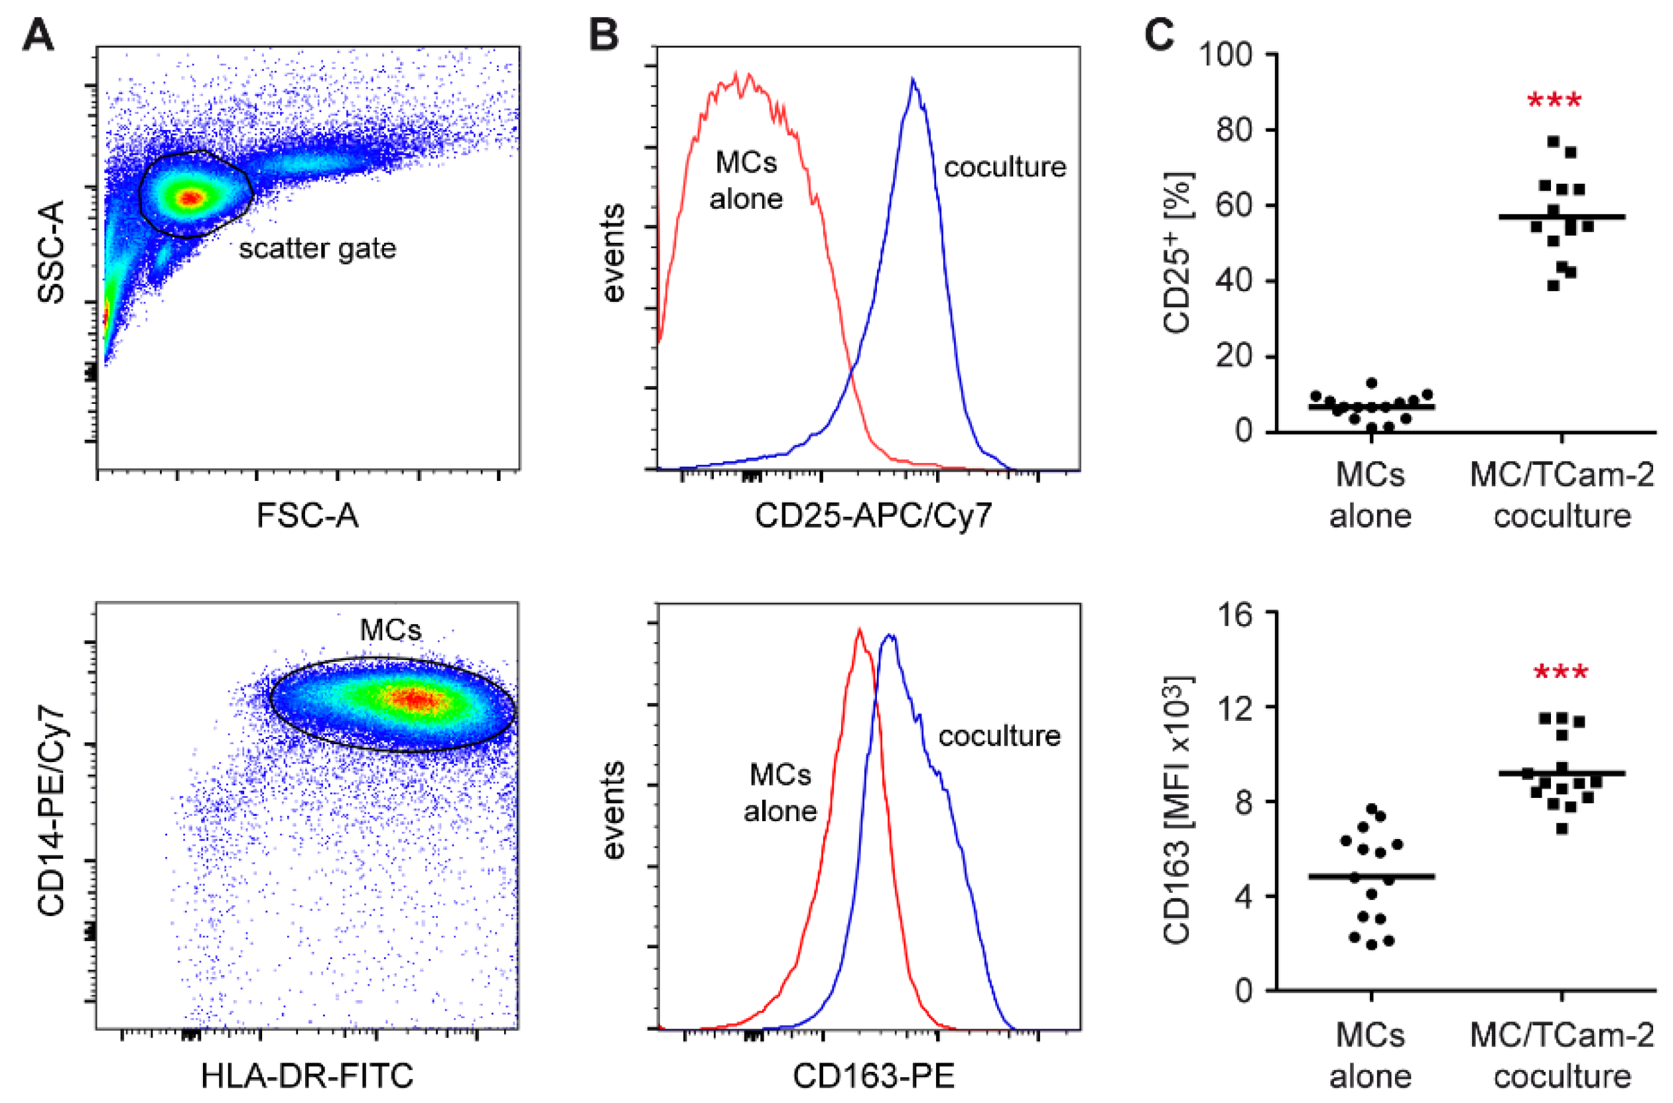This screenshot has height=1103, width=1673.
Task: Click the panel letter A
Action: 37,34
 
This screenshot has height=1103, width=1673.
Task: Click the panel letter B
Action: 604,34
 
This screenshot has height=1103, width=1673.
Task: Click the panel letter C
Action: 1159,34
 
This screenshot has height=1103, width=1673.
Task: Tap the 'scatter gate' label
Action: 317,248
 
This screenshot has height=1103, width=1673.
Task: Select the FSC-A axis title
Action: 307,515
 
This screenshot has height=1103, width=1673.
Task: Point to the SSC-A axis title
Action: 50,251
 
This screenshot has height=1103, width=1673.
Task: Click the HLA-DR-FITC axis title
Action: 307,1076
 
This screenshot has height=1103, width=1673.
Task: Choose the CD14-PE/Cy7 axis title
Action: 50,812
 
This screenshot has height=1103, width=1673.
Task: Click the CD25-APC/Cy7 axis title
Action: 873,515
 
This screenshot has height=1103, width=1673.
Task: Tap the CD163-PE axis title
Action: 873,1076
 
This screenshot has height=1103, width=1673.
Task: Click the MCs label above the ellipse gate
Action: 391,629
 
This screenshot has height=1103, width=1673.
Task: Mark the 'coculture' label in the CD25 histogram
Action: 1004,167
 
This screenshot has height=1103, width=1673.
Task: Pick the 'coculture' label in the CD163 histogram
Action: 999,736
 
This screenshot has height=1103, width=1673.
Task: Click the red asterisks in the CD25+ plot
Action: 1554,101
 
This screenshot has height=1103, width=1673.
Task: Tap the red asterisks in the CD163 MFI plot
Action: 1560,673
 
